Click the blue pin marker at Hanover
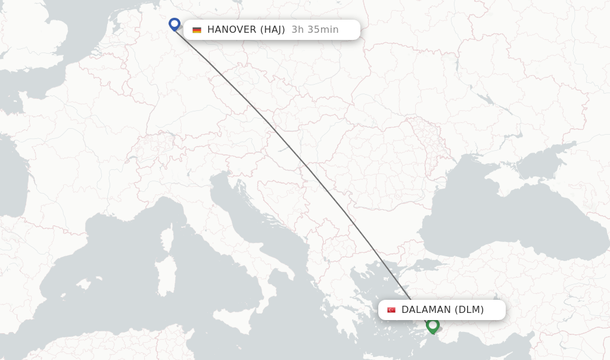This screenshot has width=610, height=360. [x=175, y=24]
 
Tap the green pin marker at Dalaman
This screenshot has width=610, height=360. [x=433, y=325]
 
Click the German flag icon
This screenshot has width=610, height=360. [x=197, y=30]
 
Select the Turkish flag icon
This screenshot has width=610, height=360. [x=391, y=310]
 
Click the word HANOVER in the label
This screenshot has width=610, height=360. [x=232, y=30]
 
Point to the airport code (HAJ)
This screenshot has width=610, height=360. [x=273, y=30]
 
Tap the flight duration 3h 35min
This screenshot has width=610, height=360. [x=315, y=30]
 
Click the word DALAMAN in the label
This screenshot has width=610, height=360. [x=426, y=310]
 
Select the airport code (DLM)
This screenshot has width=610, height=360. [x=469, y=310]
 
